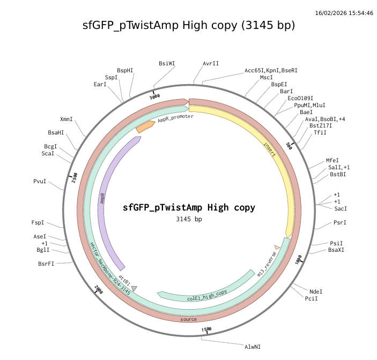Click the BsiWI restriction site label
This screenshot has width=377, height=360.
pyautogui.click(x=167, y=63)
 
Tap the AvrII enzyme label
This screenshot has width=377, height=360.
pyautogui.click(x=211, y=63)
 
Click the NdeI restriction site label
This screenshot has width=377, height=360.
pyautogui.click(x=316, y=291)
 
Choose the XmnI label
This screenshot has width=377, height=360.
pyautogui.click(x=66, y=119)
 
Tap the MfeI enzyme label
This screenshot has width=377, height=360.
pyautogui.click(x=332, y=160)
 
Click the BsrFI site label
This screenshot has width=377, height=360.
pyautogui.click(x=46, y=264)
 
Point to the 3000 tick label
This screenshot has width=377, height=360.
pyautogui.click(x=155, y=97)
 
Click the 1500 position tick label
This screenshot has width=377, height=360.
pyautogui.click(x=206, y=329)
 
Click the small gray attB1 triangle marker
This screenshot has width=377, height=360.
pyautogui.click(x=134, y=289)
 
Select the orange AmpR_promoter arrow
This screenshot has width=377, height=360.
pyautogui.click(x=145, y=128)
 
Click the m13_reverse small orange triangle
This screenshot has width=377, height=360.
pyautogui.click(x=277, y=247)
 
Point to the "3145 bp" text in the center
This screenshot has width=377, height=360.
pyautogui.click(x=189, y=219)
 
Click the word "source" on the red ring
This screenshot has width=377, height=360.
pyautogui.click(x=188, y=319)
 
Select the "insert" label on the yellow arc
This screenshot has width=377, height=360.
pyautogui.click(x=270, y=149)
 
